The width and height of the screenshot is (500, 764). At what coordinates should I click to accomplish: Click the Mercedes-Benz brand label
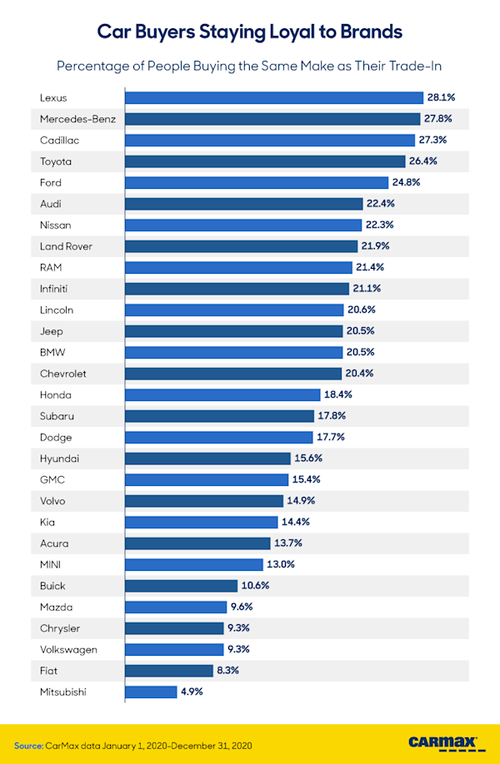pyautogui.click(x=77, y=119)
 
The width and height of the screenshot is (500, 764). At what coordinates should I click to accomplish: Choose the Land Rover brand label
pyautogui.click(x=66, y=246)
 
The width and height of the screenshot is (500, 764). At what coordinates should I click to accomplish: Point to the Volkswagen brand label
pyautogui.click(x=67, y=649)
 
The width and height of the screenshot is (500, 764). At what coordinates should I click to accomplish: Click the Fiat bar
pyautogui.click(x=168, y=671)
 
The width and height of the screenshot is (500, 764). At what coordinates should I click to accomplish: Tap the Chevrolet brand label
pyautogui.click(x=62, y=374)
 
